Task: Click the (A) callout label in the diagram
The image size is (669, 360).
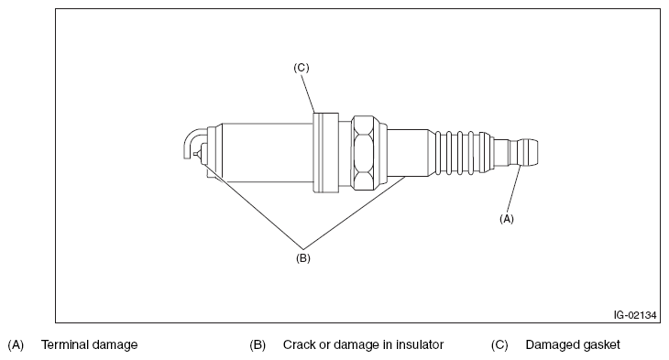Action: point(507,219)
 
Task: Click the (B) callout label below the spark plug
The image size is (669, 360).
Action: point(303,258)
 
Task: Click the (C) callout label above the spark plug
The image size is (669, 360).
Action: point(302,68)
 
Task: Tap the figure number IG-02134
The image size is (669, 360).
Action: point(635,315)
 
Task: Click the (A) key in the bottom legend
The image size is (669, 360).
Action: point(16,344)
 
